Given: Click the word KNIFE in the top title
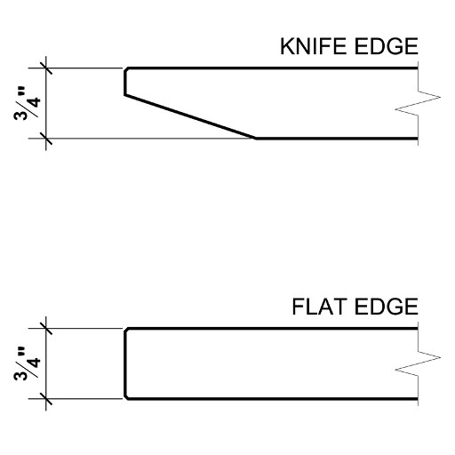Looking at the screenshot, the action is (313, 46).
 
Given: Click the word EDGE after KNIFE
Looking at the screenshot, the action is (386, 46).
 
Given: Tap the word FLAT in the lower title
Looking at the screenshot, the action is (319, 307).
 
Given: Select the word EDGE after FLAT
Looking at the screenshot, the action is (386, 307).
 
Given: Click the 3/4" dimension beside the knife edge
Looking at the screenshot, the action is (27, 104).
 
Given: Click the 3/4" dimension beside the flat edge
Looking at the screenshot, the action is (27, 363).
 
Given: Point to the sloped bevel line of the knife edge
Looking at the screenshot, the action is (190, 116).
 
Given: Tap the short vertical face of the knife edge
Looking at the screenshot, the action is (125, 84).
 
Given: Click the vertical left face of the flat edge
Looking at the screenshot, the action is (125, 363).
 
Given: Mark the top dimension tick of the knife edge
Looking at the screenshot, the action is (46, 68).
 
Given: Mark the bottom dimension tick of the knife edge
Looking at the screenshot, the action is (46, 139).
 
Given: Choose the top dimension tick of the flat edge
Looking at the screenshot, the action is (46, 328).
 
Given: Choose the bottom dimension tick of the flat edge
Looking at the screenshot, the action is (46, 399).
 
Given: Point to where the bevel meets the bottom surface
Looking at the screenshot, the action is (256, 139).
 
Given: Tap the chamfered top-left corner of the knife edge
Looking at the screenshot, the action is (126, 70).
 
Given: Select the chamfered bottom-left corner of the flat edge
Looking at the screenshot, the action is (126, 397).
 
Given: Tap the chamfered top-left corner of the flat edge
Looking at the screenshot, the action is (126, 331).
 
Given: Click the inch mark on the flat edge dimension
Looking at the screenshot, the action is (21, 352).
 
